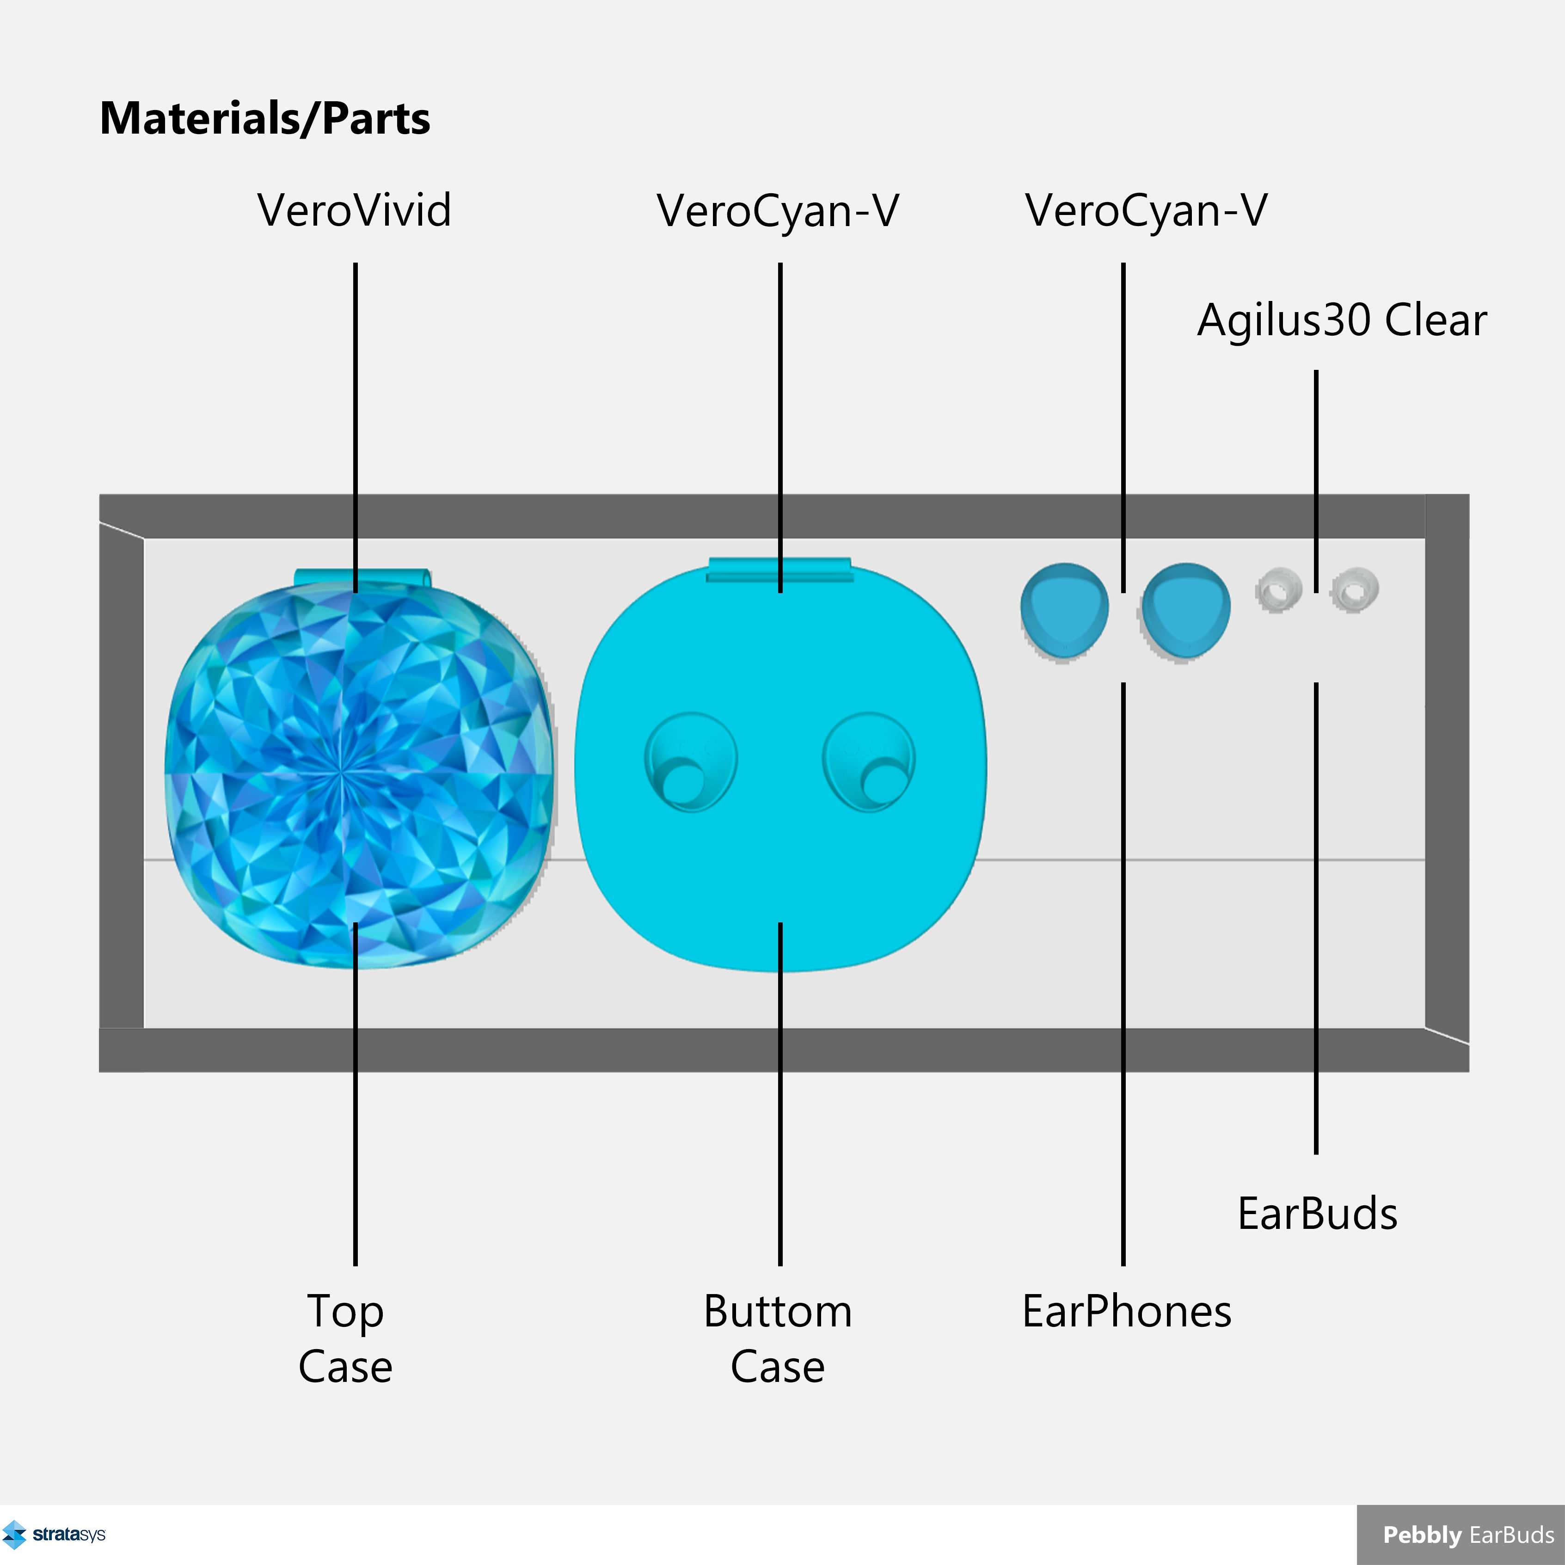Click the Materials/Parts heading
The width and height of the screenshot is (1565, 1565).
[265, 118]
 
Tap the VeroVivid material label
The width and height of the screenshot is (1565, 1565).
[355, 211]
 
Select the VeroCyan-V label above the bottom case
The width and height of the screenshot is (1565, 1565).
[778, 211]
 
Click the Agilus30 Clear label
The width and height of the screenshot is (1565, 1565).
[1342, 320]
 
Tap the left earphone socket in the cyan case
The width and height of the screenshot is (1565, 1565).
[690, 761]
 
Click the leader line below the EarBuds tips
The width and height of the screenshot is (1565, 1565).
[1316, 918]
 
